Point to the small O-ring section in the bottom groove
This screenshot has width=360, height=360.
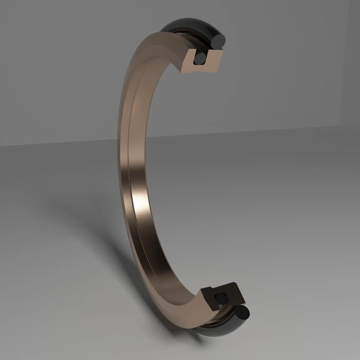pos(221,298)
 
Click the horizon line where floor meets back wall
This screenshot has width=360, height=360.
pos(270,130)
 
